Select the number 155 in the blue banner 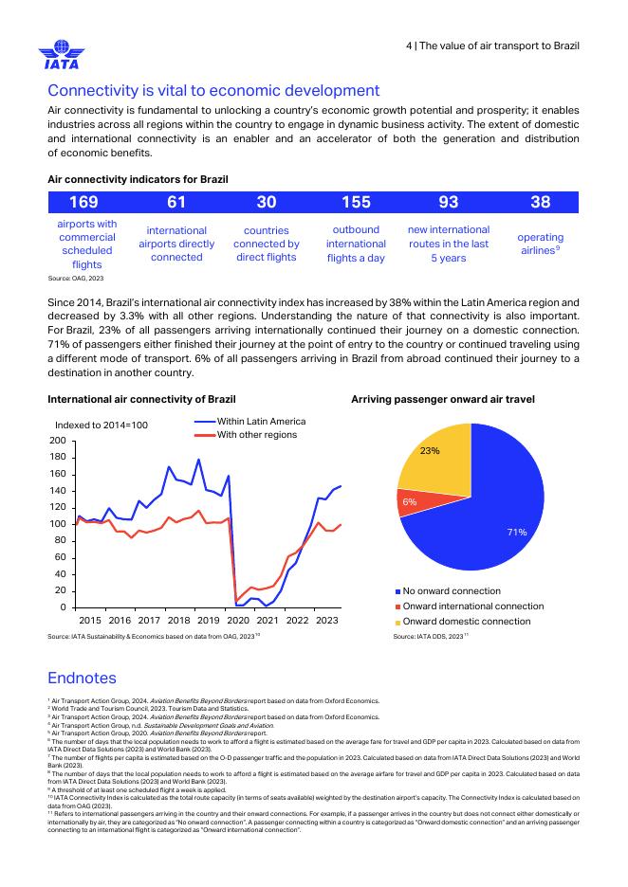[x=356, y=202]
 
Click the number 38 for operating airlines [x=540, y=202]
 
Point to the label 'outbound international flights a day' [x=356, y=244]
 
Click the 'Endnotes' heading [x=82, y=678]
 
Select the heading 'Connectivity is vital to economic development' [x=213, y=91]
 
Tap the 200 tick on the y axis [x=58, y=441]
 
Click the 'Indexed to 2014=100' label [x=102, y=425]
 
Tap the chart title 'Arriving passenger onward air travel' [x=443, y=400]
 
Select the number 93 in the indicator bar [x=448, y=202]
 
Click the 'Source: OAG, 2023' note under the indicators [x=76, y=279]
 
